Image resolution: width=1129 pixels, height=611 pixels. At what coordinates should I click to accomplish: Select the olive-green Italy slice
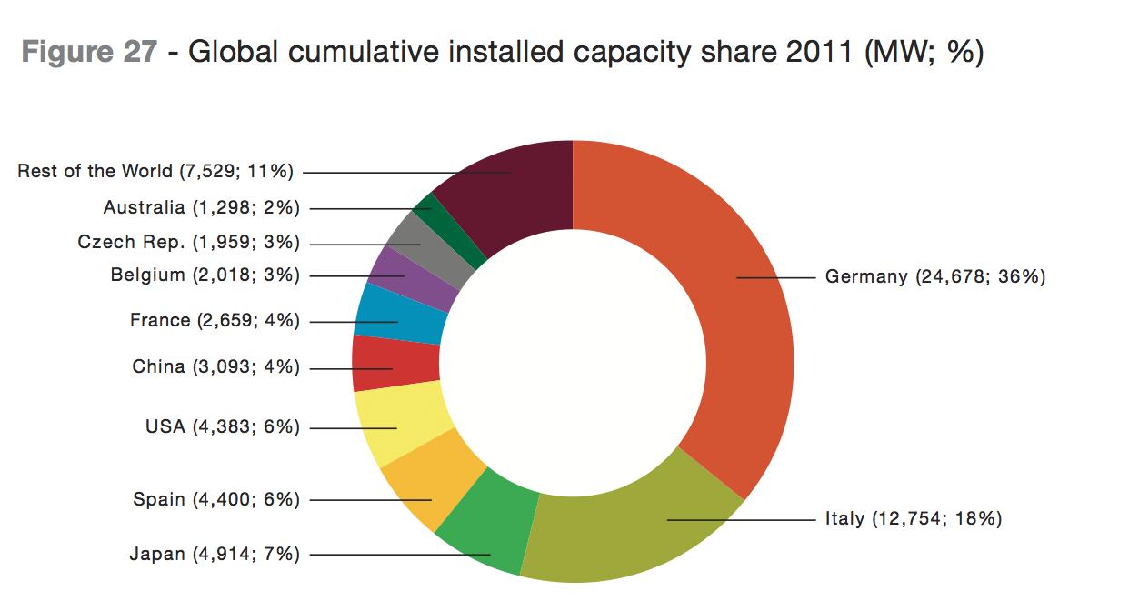(x=636, y=527)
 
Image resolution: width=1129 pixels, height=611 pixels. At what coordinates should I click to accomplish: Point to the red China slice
(x=386, y=364)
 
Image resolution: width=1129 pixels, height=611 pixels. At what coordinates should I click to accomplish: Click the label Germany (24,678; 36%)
(x=935, y=276)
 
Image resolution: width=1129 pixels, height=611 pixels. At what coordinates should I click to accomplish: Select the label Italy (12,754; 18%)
(x=914, y=519)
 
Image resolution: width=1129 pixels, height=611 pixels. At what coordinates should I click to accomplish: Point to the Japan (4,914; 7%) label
(x=215, y=554)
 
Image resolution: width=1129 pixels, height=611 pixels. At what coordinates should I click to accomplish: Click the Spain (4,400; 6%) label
(x=216, y=499)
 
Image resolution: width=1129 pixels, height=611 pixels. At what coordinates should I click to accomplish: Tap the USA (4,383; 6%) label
(x=223, y=426)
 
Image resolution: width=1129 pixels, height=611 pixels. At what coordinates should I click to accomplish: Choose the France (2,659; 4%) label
(x=215, y=320)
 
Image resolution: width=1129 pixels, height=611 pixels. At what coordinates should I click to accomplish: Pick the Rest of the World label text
(x=159, y=171)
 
